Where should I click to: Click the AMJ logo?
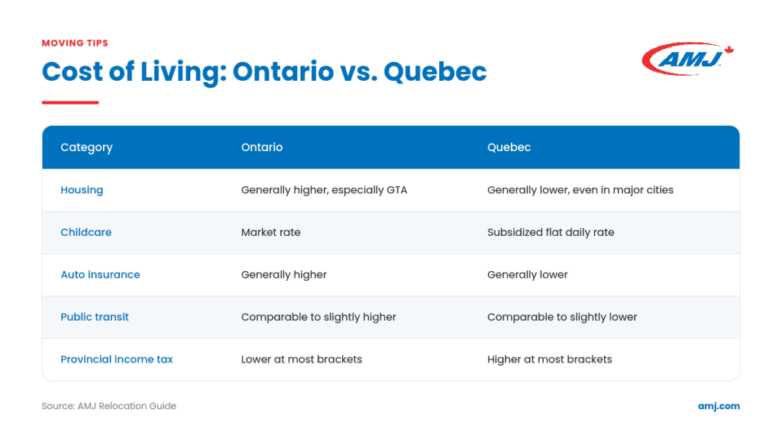pyautogui.click(x=687, y=59)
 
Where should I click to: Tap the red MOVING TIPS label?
pyautogui.click(x=75, y=44)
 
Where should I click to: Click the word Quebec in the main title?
pyautogui.click(x=435, y=72)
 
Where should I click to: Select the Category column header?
pyautogui.click(x=86, y=147)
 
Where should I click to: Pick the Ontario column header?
pyautogui.click(x=262, y=147)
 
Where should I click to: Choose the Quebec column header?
pyautogui.click(x=509, y=147)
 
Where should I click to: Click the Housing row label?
pyautogui.click(x=82, y=190)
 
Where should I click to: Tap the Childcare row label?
pyautogui.click(x=86, y=232)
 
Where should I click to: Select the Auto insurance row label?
pyautogui.click(x=100, y=275)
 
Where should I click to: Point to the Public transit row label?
pyautogui.click(x=94, y=317)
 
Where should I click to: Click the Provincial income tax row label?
pyautogui.click(x=117, y=359)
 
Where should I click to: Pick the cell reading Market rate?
pyautogui.click(x=271, y=232)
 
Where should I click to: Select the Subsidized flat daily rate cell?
pyautogui.click(x=551, y=232)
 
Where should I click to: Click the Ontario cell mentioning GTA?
pyautogui.click(x=324, y=190)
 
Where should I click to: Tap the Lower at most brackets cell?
pyautogui.click(x=302, y=359)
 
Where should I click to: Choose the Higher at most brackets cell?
pyautogui.click(x=550, y=359)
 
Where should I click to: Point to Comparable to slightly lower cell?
pyautogui.click(x=562, y=317)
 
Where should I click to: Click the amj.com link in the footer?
pyautogui.click(x=719, y=406)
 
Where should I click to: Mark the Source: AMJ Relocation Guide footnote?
pyautogui.click(x=108, y=406)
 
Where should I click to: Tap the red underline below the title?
pyautogui.click(x=70, y=102)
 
